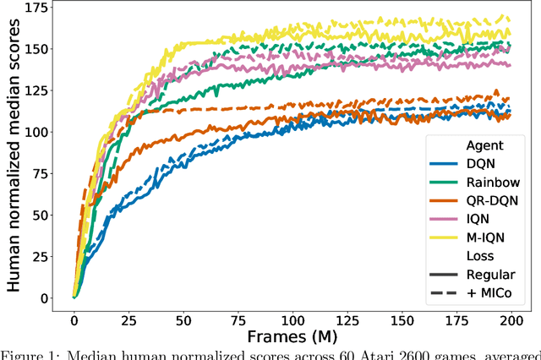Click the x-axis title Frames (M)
click(x=291, y=336)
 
